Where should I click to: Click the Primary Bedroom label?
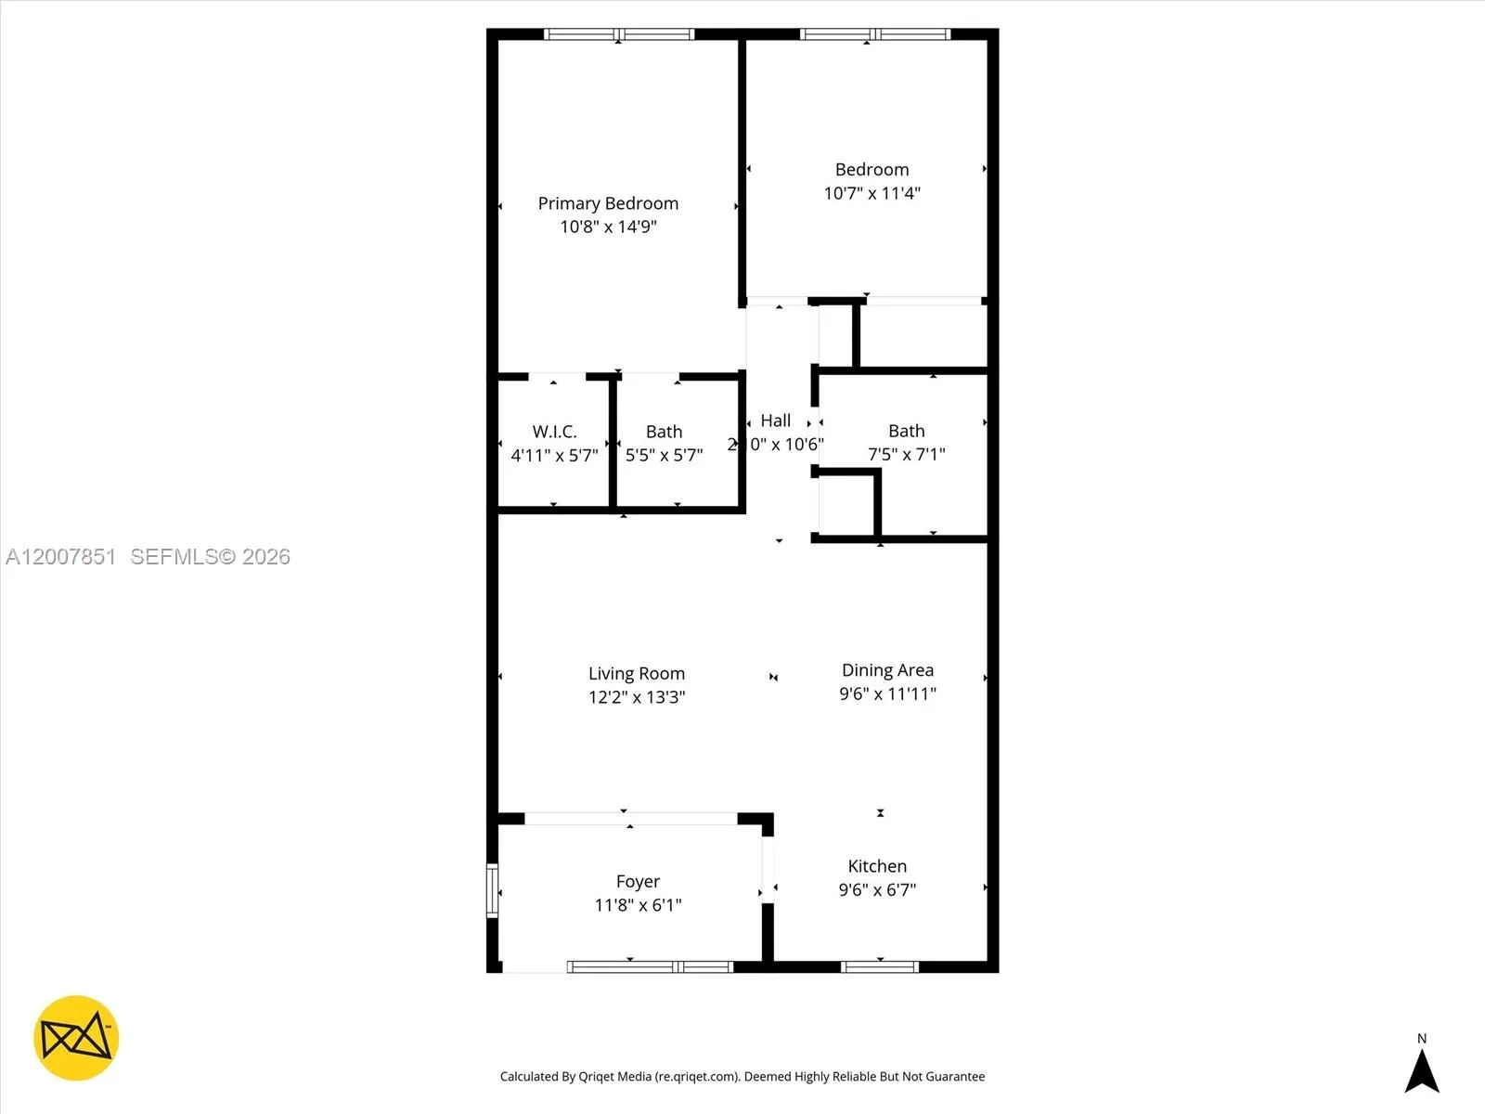click(608, 203)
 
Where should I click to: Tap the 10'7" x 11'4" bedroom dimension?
click(872, 193)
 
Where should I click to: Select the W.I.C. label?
click(554, 432)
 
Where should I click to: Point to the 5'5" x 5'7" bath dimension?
click(664, 455)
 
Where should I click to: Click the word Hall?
click(776, 421)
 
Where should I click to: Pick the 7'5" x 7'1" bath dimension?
click(906, 454)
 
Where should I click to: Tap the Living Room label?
click(636, 673)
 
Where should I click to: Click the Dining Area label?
click(887, 670)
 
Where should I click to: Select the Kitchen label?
click(877, 866)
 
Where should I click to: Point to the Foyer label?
click(638, 881)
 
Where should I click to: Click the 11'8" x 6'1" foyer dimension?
click(638, 905)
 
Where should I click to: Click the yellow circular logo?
click(76, 1038)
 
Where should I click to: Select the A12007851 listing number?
click(61, 557)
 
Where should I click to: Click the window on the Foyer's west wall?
click(493, 891)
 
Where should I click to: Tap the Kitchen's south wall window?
click(879, 967)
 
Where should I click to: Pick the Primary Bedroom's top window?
click(619, 34)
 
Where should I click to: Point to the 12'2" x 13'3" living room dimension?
click(636, 697)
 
